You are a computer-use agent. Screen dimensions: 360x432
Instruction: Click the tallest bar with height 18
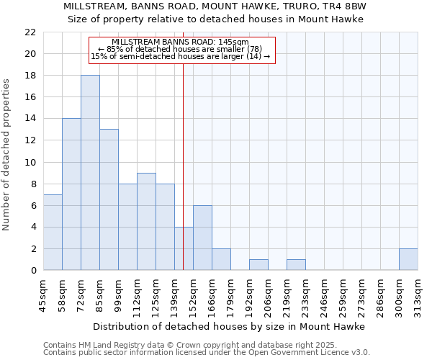tap(90, 173)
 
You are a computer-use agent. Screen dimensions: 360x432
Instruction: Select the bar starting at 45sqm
tap(53, 233)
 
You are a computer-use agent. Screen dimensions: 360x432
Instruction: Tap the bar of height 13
tap(109, 199)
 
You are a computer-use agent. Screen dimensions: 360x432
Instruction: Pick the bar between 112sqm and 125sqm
tap(146, 221)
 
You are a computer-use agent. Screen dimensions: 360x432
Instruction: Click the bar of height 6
tap(202, 238)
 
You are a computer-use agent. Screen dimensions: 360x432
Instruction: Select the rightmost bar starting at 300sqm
tap(408, 259)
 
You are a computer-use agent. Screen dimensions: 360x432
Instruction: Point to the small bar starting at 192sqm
tap(258, 264)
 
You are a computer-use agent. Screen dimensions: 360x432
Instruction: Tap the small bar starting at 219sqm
tap(296, 264)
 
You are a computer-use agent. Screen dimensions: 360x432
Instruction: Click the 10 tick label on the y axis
tap(30, 162)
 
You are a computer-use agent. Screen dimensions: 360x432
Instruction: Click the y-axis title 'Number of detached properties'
tap(7, 151)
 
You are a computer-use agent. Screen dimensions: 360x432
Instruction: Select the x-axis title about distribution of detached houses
tap(229, 326)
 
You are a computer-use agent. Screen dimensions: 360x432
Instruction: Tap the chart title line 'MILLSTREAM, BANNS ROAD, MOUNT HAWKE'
tap(215, 6)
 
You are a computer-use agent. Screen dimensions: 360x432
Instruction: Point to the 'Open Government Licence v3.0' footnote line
tap(207, 352)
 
